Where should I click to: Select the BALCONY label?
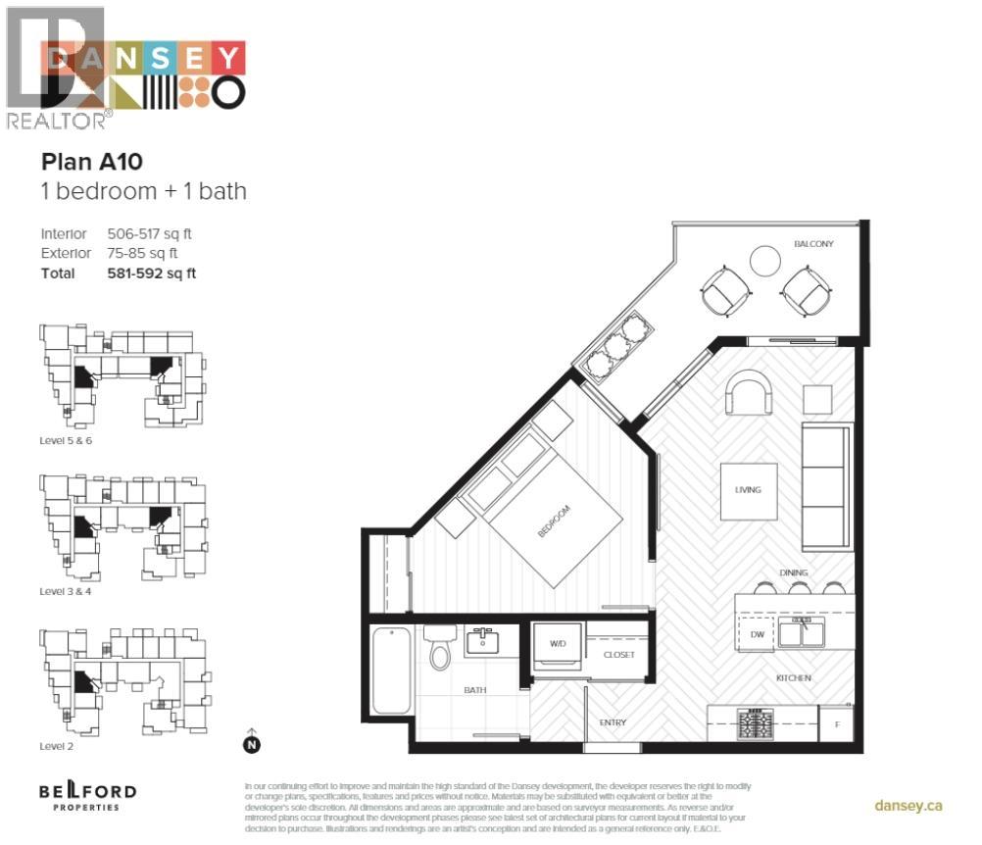coord(813,244)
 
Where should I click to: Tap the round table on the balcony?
coord(764,261)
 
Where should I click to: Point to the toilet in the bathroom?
coord(439,648)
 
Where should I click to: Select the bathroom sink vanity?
coord(481,643)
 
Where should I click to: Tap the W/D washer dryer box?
coord(558,645)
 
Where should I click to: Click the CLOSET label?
coord(618,655)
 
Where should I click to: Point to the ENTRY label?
coord(613,723)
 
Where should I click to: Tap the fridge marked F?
coord(836,725)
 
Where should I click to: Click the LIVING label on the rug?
coord(748,490)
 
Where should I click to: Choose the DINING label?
coord(794,573)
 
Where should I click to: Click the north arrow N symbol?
coord(251,744)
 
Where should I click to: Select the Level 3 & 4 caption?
coord(72,592)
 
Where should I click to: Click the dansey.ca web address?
coord(908,805)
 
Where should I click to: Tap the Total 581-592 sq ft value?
coord(151,273)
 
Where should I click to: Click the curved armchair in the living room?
coord(748,394)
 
